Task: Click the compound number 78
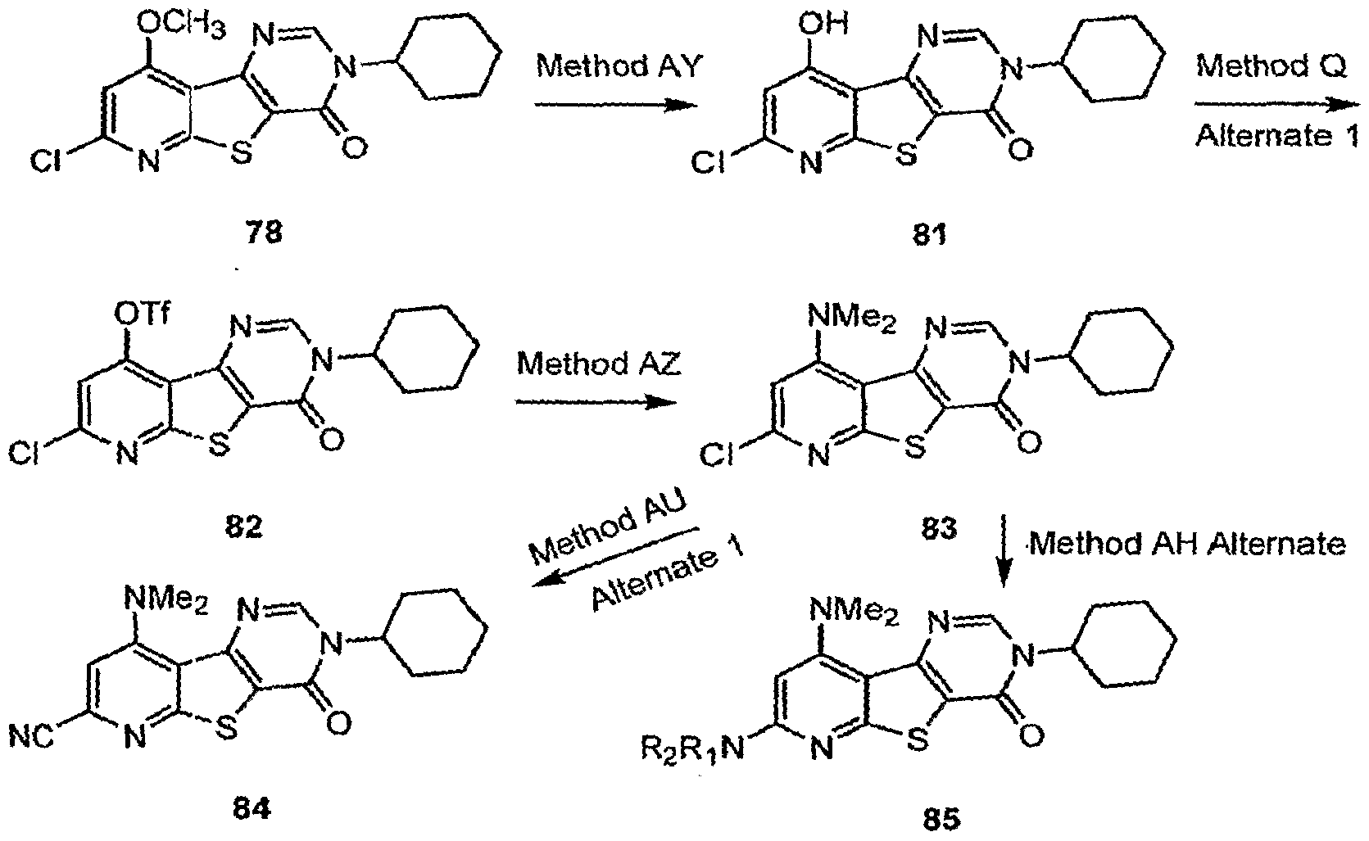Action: point(264,233)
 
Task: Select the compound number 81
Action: point(929,234)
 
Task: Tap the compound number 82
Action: point(243,527)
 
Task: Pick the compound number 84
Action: point(252,809)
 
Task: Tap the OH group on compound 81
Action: point(823,24)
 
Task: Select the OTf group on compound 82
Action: point(142,316)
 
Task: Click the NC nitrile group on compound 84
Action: point(31,736)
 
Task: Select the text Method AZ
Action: point(598,364)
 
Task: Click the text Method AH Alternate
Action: point(1187,543)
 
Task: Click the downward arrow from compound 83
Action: point(1003,551)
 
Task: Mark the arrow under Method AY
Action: point(616,105)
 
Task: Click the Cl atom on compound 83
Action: point(716,454)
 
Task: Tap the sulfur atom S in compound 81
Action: point(906,155)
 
